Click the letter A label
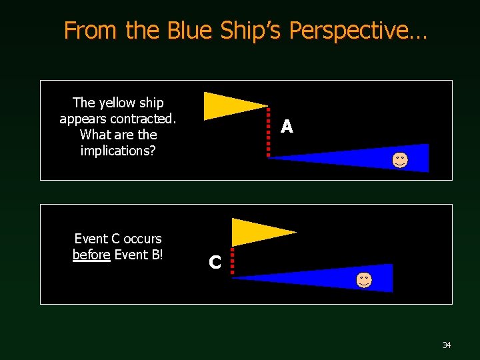(x=287, y=126)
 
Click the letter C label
(x=215, y=263)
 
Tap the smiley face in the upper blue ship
(x=400, y=160)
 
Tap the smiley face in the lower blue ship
(x=363, y=280)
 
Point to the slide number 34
(x=446, y=345)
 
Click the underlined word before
(x=91, y=254)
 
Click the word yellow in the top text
(x=117, y=103)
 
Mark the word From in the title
(x=89, y=30)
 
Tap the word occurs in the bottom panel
(x=143, y=239)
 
